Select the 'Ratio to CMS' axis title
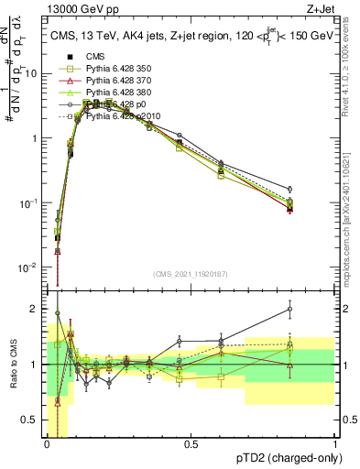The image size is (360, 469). click(13, 365)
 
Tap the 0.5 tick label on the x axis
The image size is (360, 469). click(191, 444)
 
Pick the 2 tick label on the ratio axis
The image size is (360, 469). click(37, 308)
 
